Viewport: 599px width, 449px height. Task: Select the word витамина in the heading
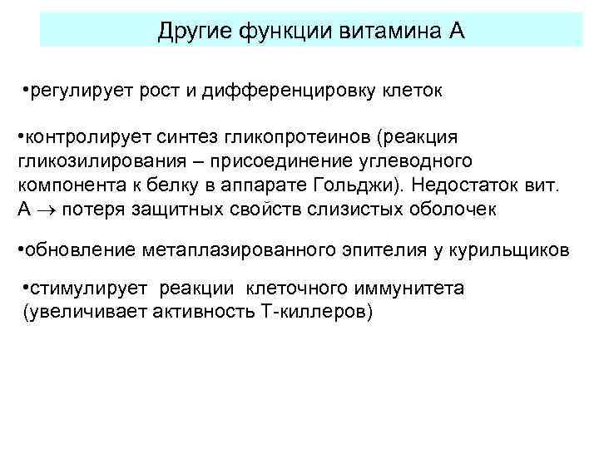pyautogui.click(x=393, y=32)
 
